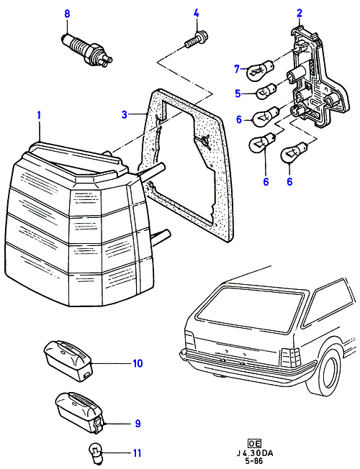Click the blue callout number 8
[67, 14]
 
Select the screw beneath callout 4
[197, 40]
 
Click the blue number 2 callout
[300, 13]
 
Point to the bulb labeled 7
[260, 70]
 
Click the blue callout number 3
[125, 114]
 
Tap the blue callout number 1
[39, 115]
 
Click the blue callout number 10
[138, 363]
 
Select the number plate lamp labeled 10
[68, 360]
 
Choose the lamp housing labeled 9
[80, 412]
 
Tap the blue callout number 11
[137, 453]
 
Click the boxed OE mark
[254, 443]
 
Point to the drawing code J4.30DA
[255, 453]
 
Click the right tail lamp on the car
[290, 358]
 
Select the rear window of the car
[251, 309]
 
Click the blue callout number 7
[237, 69]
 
